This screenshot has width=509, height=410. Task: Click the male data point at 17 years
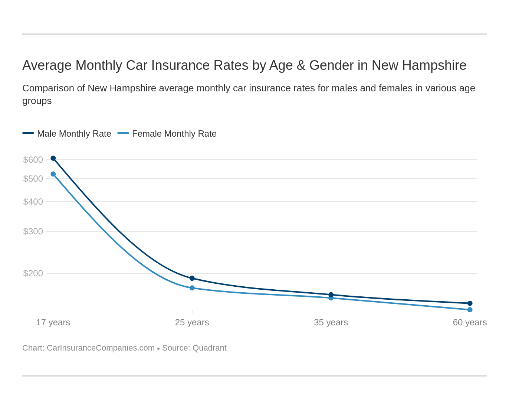pos(53,158)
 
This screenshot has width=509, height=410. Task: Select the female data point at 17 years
pos(53,174)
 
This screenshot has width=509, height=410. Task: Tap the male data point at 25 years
pos(192,278)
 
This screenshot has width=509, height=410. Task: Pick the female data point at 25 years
pos(192,288)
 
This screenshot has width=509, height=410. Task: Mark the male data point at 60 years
pos(470,303)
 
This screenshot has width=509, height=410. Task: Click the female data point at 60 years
pos(470,310)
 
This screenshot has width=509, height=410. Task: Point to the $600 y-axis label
pos(33,160)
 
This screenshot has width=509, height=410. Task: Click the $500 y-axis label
pos(33,179)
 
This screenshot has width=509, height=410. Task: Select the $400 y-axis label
pos(33,202)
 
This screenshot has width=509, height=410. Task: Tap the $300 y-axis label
pos(33,231)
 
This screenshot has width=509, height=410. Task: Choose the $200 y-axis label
pos(33,273)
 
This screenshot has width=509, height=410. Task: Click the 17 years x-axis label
pos(53,322)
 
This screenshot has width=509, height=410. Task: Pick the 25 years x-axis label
pos(192,322)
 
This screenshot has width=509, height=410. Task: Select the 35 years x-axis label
pos(331,322)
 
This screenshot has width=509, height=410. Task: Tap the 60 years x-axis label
pos(470,322)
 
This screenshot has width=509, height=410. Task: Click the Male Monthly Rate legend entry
pos(74,134)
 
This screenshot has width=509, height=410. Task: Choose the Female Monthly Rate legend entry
pos(174,134)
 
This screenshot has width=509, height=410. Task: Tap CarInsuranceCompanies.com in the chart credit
pos(101,348)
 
